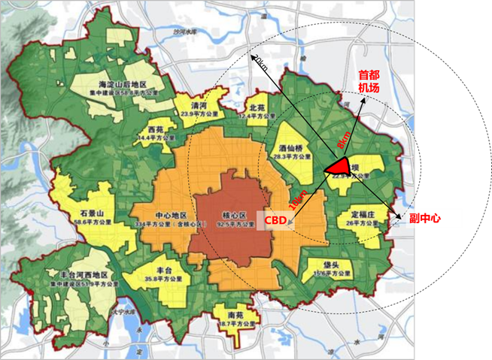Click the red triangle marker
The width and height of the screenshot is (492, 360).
340,166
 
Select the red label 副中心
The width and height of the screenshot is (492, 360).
424,219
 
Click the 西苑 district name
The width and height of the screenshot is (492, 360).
156,130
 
